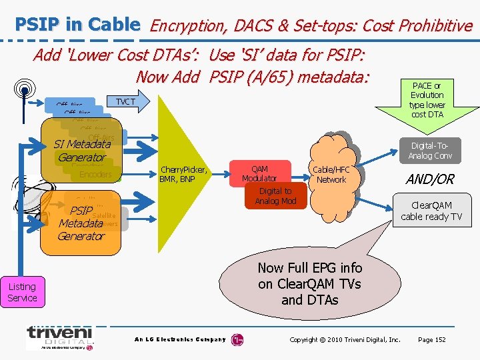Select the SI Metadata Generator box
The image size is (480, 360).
[82, 151]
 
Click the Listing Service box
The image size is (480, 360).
[22, 292]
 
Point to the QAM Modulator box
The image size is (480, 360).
[259, 173]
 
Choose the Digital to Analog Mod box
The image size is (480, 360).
[275, 196]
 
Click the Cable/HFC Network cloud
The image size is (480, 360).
[331, 175]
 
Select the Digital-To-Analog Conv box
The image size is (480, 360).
[430, 151]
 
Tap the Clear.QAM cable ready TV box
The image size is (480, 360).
[431, 211]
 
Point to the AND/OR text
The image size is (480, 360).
[431, 179]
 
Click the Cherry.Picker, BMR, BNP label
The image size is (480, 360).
[183, 174]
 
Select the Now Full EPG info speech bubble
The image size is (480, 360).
[310, 284]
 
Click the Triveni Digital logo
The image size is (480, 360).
[61, 337]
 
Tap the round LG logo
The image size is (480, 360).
[237, 340]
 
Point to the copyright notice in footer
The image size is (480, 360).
[345, 340]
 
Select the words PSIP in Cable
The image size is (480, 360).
[77, 25]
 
